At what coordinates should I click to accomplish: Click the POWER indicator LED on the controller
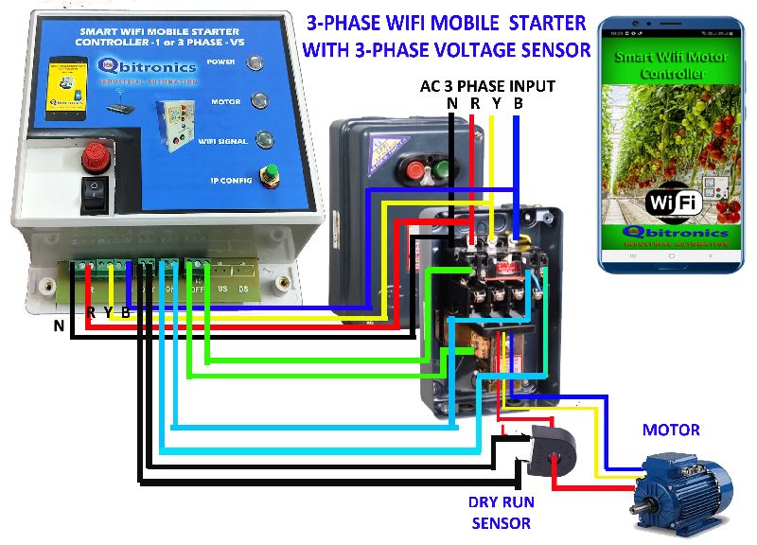255,64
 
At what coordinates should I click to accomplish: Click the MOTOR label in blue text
671,430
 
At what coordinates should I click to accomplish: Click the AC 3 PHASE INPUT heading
487,86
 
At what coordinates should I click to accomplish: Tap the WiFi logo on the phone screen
672,203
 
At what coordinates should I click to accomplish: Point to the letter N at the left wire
59,326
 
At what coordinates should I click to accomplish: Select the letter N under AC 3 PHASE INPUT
452,103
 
